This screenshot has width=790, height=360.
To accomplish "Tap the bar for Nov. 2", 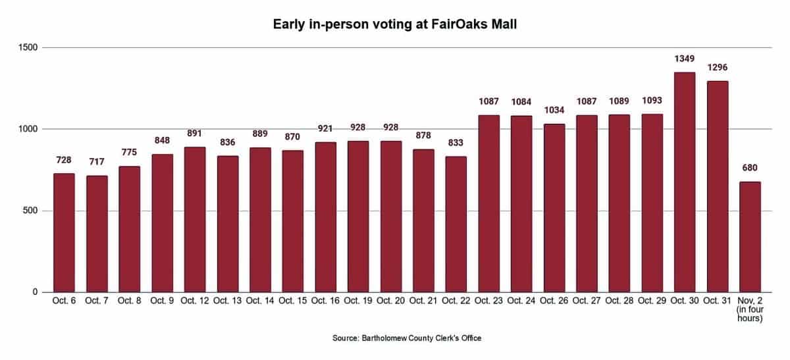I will [x=750, y=237].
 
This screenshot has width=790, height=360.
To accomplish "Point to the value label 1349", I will [x=685, y=59].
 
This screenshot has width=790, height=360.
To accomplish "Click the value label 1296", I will [x=717, y=68].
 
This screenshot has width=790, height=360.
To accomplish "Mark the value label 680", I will [x=750, y=168].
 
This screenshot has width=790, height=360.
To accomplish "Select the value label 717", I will [x=96, y=163].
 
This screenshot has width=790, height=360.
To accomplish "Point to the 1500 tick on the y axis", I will [x=28, y=47].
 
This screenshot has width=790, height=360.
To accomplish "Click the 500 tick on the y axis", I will [x=31, y=211].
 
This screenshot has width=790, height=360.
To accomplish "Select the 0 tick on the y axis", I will [x=36, y=292].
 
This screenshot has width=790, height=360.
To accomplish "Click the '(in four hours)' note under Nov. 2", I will [x=750, y=315].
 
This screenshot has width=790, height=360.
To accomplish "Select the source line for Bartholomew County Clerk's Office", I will [x=407, y=338].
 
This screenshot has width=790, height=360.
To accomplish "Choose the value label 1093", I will [x=652, y=101].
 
